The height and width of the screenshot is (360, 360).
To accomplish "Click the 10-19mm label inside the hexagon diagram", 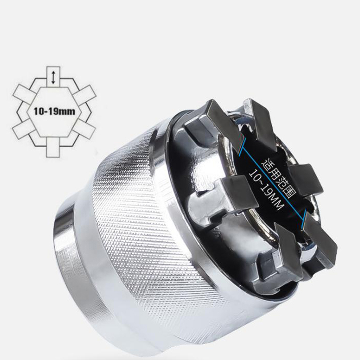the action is [54, 112].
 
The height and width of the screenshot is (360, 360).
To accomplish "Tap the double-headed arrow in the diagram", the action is [53, 78].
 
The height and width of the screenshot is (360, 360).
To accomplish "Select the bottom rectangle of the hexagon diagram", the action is [53, 147].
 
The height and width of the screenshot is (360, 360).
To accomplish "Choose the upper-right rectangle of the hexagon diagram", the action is [84, 94].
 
